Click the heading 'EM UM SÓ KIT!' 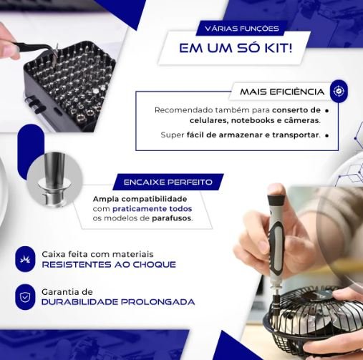tap(236, 48)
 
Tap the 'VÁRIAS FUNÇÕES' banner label tap(242, 29)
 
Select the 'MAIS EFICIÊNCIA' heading tap(282, 92)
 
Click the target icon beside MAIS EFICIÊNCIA tap(339, 91)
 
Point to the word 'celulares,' tap(208, 120)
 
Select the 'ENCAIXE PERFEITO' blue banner tap(168, 182)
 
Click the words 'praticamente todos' tap(153, 209)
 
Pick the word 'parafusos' tap(172, 218)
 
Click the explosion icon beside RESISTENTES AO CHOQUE tap(25, 259)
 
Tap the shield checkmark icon tap(25, 297)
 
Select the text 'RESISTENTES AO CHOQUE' tap(109, 264)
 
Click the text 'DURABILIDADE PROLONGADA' tap(118, 302)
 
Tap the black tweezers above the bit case tap(36, 48)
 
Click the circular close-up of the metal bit tap(54, 180)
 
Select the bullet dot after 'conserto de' tap(327, 111)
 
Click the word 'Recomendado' tap(183, 110)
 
